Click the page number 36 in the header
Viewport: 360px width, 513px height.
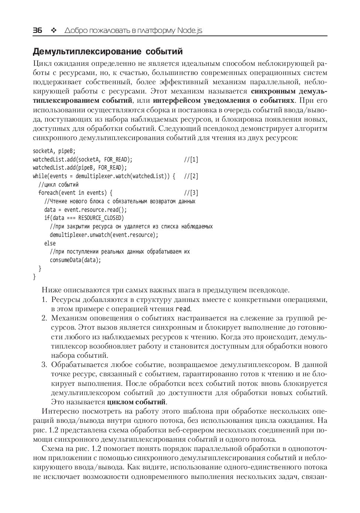pos(37,30)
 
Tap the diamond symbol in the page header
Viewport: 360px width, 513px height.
pos(53,30)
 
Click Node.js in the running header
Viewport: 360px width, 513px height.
pos(190,30)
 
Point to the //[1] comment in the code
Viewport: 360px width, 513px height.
pos(191,160)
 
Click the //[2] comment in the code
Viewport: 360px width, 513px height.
pos(191,176)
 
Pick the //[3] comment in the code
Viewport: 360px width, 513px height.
pos(191,193)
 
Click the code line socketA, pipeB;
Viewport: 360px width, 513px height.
pos(54,151)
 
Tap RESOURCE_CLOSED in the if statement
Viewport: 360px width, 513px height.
pos(101,218)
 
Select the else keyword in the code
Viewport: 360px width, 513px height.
pos(50,243)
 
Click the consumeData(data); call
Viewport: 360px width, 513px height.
pos(75,260)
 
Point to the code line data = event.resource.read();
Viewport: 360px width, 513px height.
pos(85,210)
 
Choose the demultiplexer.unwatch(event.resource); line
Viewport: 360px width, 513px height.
pos(104,235)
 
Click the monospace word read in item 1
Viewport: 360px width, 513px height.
pos(183,309)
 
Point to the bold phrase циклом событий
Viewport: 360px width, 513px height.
pos(137,402)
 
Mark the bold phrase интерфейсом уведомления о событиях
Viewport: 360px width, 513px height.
pos(224,101)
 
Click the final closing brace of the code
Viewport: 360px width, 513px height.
pos(34,276)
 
